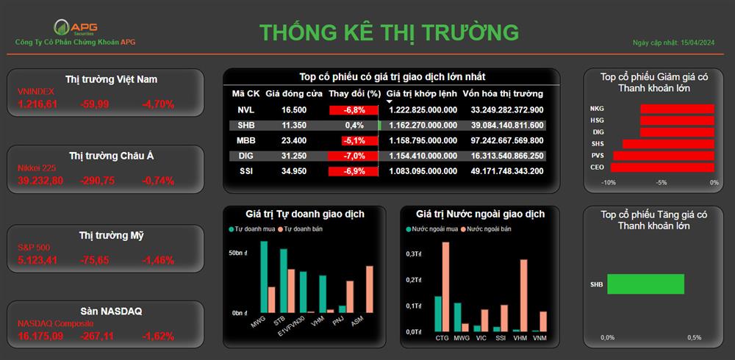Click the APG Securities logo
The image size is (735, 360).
tap(76, 27)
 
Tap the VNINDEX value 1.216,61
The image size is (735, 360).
tap(37, 104)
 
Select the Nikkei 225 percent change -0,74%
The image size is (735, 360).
tap(158, 181)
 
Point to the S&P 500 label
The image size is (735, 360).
tap(34, 247)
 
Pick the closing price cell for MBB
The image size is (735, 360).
tap(294, 140)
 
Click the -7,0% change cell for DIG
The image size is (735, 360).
tap(353, 156)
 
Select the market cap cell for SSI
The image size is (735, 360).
tap(507, 171)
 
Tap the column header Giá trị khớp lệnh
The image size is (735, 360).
tap(421, 94)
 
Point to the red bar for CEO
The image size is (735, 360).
tap(662, 168)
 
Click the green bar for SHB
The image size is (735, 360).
tap(645, 284)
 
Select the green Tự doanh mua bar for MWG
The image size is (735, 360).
tap(264, 277)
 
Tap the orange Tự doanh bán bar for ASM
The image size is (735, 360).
tap(370, 289)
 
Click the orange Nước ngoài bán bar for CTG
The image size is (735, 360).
tap(445, 287)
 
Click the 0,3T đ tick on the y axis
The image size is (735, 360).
tap(414, 253)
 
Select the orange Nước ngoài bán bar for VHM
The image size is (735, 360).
tap(523, 296)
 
